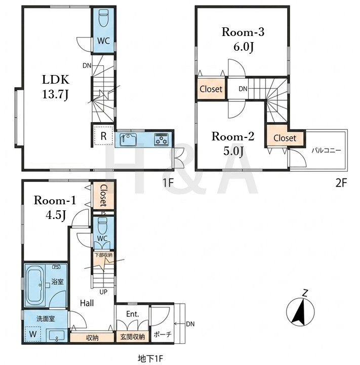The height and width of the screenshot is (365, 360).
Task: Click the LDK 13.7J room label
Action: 56,87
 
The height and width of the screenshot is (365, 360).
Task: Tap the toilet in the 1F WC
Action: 103,19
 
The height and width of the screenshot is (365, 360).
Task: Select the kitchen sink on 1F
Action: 128,140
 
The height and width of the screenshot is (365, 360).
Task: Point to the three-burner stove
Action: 161,139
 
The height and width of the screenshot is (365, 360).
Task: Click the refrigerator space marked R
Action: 103,136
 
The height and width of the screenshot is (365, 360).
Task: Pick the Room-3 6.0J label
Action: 243,40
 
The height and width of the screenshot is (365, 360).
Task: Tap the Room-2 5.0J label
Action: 233,143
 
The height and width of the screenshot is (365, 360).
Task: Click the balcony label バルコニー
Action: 326,151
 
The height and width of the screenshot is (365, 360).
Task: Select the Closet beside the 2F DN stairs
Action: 211,89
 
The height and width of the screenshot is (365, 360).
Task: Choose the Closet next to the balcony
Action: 285,138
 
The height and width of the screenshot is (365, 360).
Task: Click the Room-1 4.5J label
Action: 55,208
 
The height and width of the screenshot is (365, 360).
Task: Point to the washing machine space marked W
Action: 33,334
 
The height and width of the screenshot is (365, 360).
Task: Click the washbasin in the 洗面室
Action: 57,335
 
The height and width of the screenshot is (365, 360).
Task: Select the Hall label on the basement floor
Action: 87,303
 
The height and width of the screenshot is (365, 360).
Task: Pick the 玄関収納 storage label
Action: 133,337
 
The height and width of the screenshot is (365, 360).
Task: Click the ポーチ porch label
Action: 163,334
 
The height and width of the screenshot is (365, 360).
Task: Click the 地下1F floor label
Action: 150,358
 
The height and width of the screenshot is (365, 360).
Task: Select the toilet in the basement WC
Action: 102,226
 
